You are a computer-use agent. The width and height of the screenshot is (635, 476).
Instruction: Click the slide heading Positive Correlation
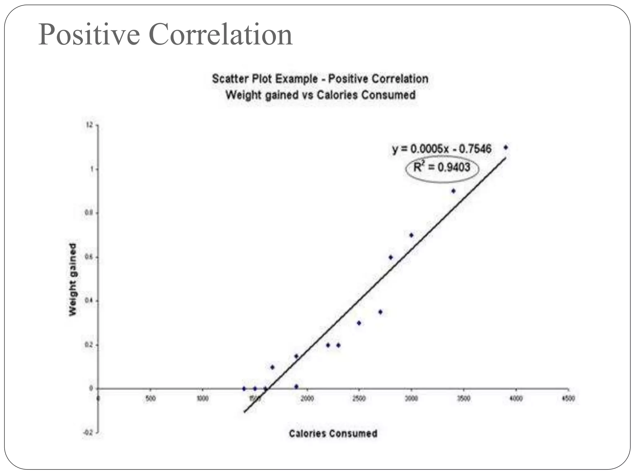coord(165,35)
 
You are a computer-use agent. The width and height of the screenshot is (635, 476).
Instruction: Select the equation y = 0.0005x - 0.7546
coord(442,149)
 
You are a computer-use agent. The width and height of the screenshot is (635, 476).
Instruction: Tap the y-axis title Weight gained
coord(72,280)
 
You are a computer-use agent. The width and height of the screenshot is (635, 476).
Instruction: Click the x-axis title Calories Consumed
coord(333,434)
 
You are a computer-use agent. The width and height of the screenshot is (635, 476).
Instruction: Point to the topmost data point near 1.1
coord(506,148)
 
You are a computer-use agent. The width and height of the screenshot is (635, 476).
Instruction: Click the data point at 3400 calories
coord(453,191)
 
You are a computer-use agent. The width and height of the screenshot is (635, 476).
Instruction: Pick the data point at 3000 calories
coord(411,235)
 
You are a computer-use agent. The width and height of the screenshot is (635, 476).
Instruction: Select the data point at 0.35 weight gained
coord(380,312)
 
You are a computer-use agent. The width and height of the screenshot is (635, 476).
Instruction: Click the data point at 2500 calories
coord(359,323)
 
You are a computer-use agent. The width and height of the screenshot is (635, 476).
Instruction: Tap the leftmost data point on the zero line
coord(244,389)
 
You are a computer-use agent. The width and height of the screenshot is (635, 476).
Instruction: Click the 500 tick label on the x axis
coord(150,399)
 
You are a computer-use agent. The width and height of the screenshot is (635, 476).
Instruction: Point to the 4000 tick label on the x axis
coord(516,399)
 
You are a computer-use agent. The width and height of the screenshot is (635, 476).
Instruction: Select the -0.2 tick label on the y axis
coord(89,433)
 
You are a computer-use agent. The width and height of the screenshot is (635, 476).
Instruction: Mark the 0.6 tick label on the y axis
coord(90,257)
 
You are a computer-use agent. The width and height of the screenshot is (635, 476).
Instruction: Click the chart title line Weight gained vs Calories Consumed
coord(320,95)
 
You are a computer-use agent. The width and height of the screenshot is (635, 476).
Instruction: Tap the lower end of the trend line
coord(245,412)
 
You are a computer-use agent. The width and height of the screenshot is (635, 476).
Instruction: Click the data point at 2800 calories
coord(391,257)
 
